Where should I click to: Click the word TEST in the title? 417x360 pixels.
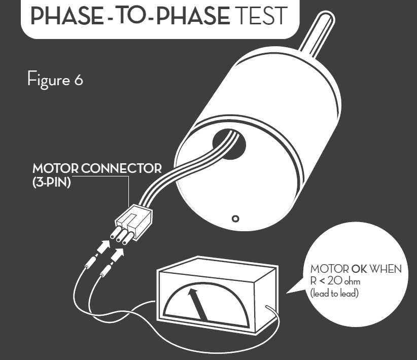point(262,16)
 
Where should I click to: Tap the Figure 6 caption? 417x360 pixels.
point(55,79)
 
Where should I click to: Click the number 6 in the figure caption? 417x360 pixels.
point(79,80)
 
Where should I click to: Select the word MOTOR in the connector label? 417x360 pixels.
point(55,168)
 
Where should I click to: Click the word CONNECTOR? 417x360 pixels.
point(121,168)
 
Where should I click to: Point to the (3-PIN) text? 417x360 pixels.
point(52,183)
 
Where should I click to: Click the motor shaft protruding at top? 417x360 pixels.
point(317,34)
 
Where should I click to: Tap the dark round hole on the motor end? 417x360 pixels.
point(229,144)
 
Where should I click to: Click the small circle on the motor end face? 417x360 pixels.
point(235,219)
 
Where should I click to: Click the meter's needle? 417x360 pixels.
point(198,304)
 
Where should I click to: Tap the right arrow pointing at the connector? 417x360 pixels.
point(117,255)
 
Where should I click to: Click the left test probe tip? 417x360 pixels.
point(90,262)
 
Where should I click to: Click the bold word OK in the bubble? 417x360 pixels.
point(359,269)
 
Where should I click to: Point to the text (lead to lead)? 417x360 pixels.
point(334,293)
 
